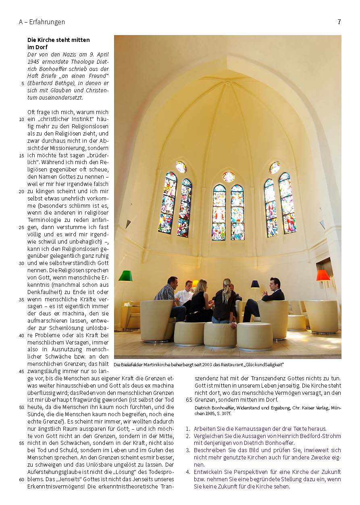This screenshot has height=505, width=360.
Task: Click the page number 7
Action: [x=339, y=22]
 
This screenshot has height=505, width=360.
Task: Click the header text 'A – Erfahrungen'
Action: [x=42, y=22]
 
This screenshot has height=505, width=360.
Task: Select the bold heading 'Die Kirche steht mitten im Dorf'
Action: [x=58, y=43]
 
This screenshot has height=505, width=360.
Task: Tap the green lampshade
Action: [x=125, y=276]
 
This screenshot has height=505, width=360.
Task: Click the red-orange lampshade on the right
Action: [x=323, y=275]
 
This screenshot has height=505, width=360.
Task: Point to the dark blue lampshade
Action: [x=255, y=284]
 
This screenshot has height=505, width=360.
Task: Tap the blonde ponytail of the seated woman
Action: [x=227, y=290]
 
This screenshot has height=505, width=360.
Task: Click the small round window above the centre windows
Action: [x=229, y=177]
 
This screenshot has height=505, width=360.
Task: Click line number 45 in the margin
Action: [x=22, y=371]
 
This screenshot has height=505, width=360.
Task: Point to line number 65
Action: [x=189, y=400]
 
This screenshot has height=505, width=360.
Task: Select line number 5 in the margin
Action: [x=23, y=83]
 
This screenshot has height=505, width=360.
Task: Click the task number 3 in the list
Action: [x=188, y=450]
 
